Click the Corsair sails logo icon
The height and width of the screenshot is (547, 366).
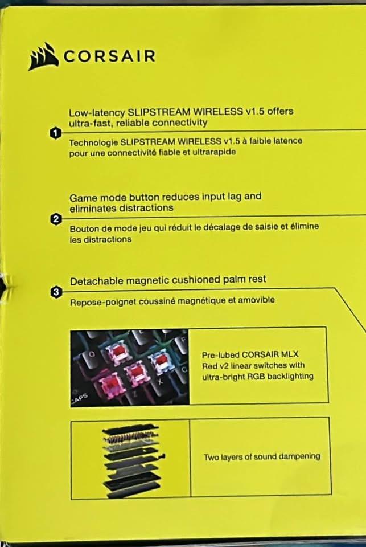pos(43,56)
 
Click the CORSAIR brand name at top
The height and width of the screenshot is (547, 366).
pos(109,56)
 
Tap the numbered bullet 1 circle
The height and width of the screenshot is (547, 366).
pos(55,133)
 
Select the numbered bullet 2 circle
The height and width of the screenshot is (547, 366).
pos(56,219)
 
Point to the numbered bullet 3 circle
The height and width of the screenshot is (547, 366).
pos(56,292)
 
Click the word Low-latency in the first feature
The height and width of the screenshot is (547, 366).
pos(97,113)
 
